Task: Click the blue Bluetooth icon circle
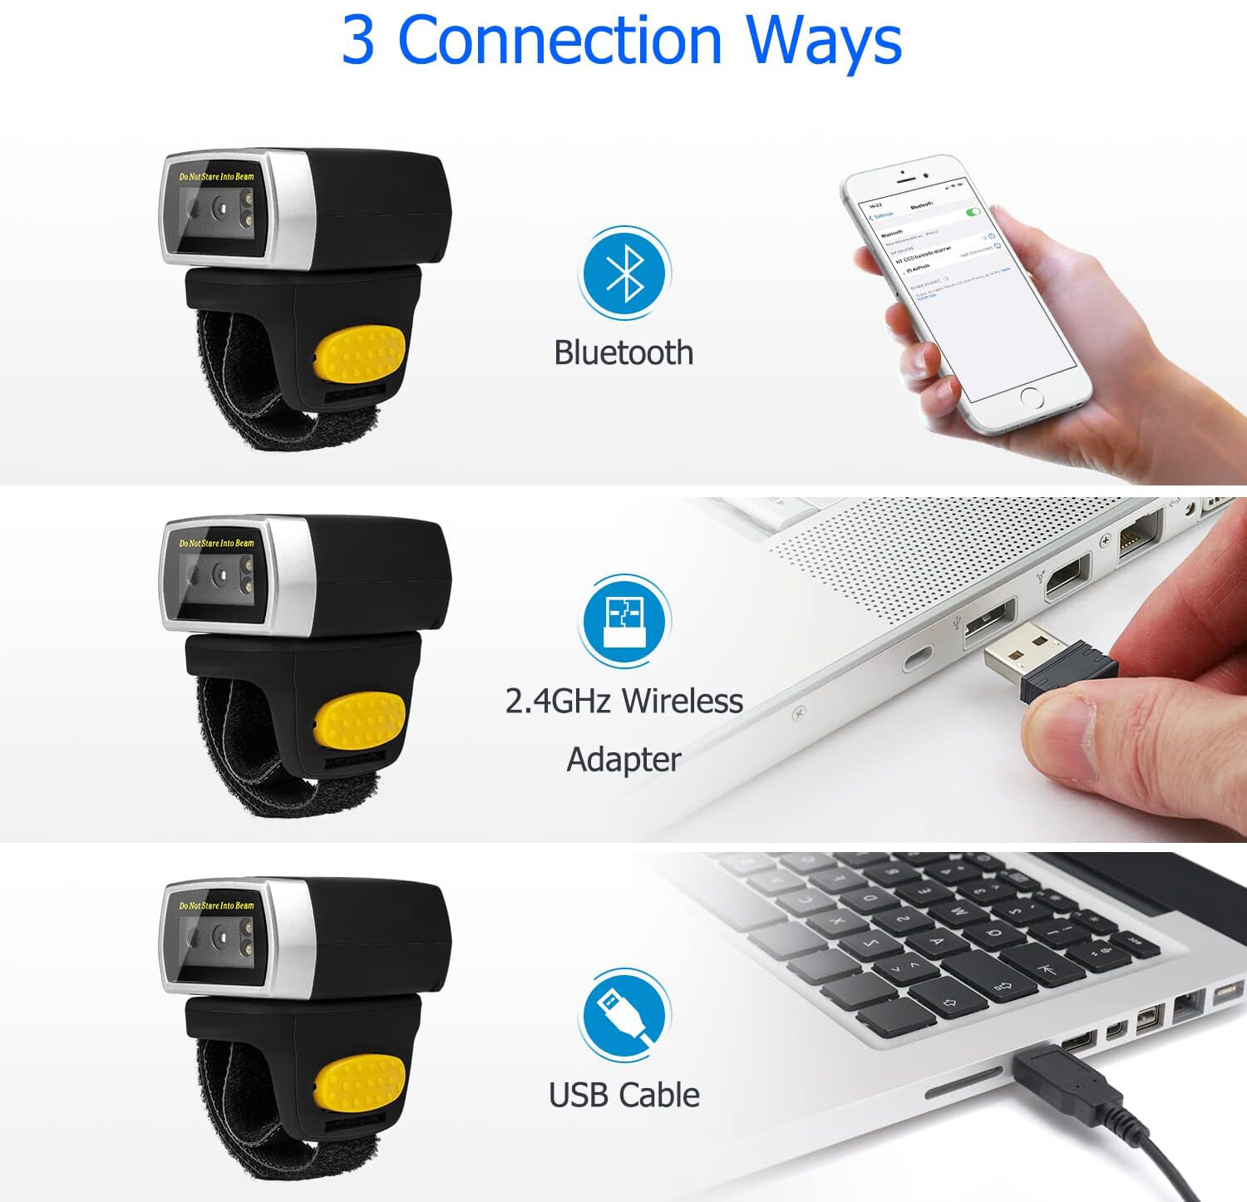click(x=625, y=273)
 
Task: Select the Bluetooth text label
click(x=623, y=352)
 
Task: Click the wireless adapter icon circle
click(x=624, y=621)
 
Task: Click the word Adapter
click(x=623, y=759)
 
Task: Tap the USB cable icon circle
click(x=624, y=1014)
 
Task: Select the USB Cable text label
click(x=623, y=1095)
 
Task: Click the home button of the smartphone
click(x=1032, y=397)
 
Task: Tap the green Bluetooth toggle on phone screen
click(x=973, y=213)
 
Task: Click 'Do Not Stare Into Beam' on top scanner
click(x=216, y=176)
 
